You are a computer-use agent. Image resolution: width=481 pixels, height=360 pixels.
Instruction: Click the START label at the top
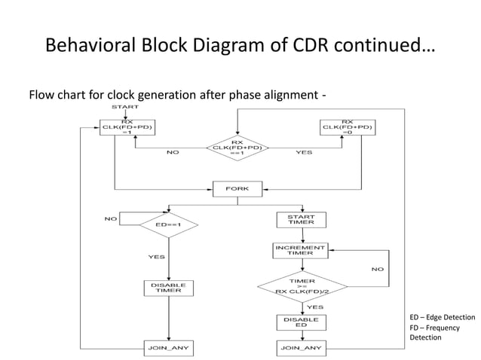125,108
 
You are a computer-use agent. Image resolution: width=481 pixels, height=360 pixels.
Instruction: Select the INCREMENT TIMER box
300,249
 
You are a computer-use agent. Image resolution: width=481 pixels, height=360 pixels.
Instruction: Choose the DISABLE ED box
300,322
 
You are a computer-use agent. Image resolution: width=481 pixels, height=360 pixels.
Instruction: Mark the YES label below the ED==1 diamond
156,257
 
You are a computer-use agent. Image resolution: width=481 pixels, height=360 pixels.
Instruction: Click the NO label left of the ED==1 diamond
110,219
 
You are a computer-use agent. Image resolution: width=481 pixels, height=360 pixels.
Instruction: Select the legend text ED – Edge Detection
442,318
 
